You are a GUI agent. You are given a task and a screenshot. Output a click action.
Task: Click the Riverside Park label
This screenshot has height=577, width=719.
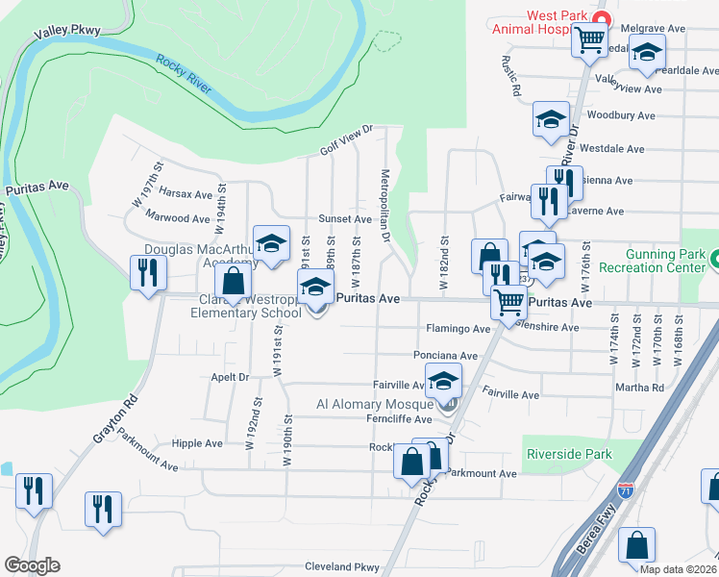(x=569, y=454)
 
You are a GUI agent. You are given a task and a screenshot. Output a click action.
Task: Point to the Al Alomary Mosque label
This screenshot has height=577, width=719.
(x=376, y=405)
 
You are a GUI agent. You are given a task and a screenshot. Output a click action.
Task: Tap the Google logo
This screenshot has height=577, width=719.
(x=32, y=565)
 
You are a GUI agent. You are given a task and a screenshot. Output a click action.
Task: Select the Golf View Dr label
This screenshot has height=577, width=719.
(x=346, y=141)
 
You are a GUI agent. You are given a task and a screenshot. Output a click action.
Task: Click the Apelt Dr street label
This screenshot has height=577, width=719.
(x=230, y=378)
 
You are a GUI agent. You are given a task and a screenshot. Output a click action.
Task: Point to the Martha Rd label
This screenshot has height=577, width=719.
(x=644, y=389)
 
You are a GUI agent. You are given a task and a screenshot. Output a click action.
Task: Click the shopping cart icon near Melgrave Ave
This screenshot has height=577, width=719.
(x=589, y=40)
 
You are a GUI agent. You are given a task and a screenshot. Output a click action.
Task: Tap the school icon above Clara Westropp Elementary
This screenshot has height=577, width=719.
(x=315, y=288)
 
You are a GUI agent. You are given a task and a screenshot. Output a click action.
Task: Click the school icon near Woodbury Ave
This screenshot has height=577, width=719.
(x=551, y=120)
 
